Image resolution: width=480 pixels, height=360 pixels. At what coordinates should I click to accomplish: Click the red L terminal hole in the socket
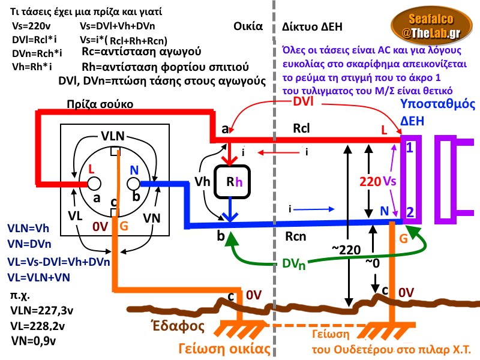point(95,183)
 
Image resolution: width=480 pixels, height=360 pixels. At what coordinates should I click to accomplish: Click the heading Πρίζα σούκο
point(100,104)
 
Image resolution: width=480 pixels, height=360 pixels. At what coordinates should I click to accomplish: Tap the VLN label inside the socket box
point(113,136)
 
